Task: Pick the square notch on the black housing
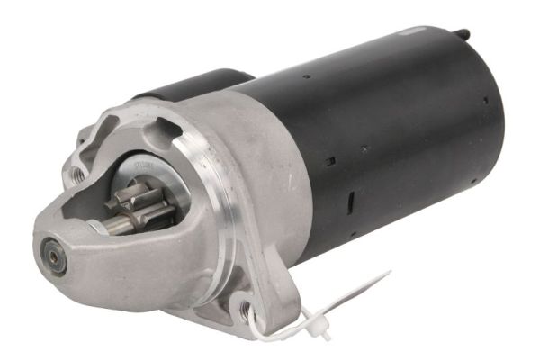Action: (330, 162)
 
